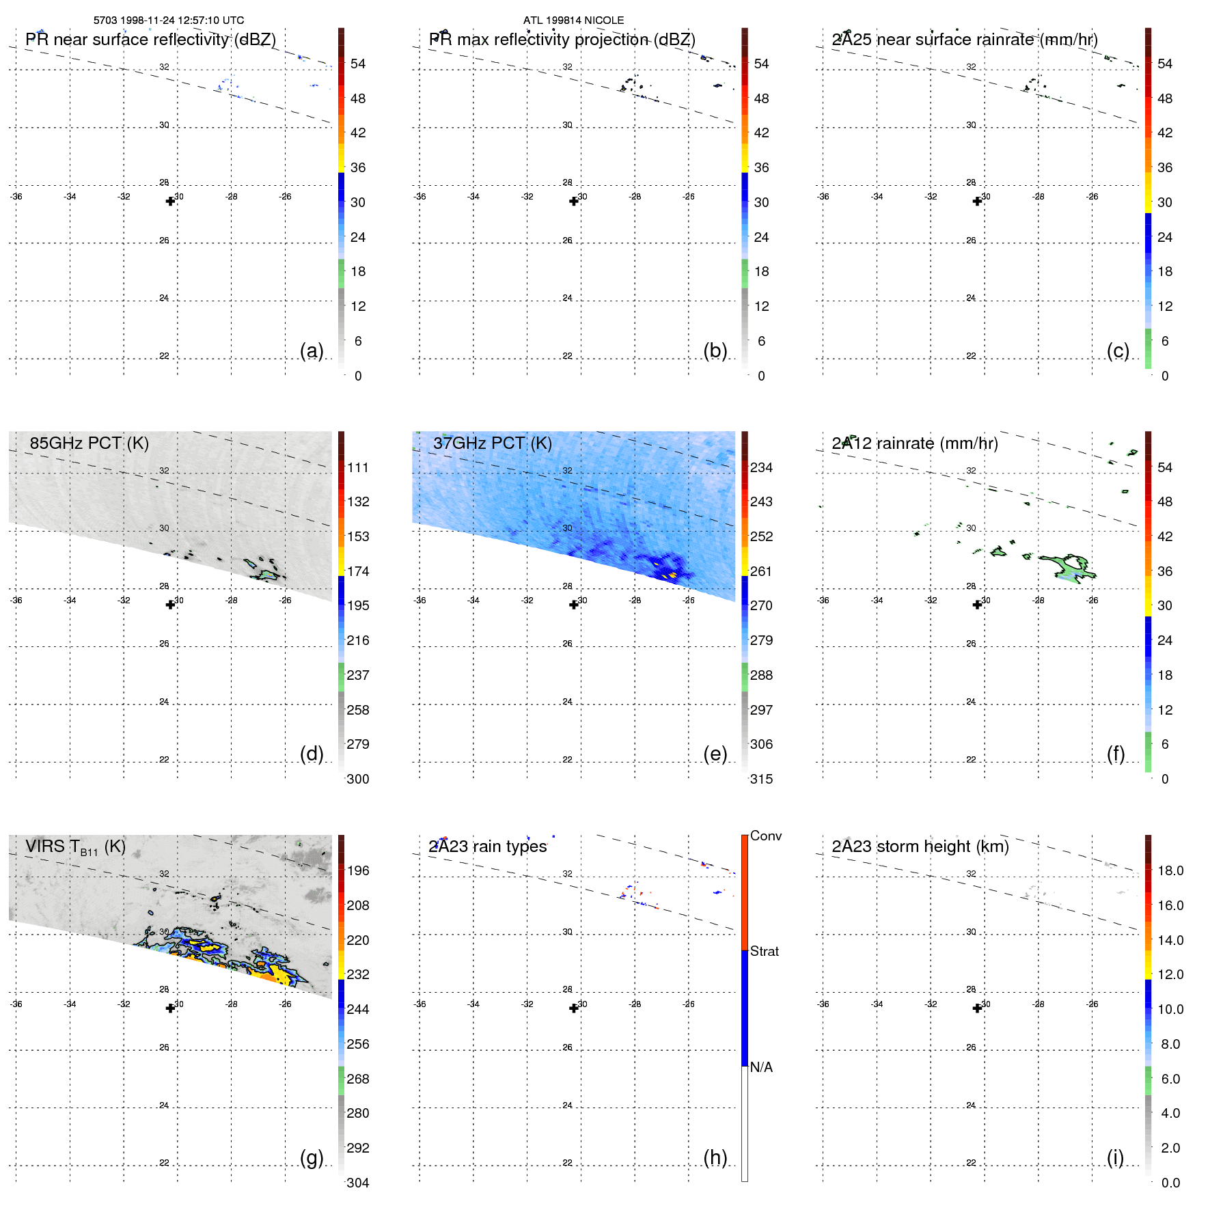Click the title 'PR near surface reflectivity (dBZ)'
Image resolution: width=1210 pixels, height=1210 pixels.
pos(150,40)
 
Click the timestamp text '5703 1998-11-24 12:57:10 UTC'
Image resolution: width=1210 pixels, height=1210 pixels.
pos(169,20)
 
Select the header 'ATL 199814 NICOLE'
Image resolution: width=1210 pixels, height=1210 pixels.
pos(573,20)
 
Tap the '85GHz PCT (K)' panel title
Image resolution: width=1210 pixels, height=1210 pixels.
pos(89,443)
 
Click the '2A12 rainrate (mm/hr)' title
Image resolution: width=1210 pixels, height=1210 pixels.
pos(915,443)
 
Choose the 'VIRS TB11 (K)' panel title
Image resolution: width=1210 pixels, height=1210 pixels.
pos(75,847)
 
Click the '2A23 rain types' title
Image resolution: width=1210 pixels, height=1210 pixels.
pos(487,847)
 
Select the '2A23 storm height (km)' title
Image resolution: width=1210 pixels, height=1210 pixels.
pos(920,847)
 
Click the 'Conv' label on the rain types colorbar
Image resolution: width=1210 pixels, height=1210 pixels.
pos(766,836)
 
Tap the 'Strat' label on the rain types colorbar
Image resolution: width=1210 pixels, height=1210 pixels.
pos(765,951)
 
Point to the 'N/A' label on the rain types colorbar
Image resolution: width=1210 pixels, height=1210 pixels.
pos(761,1067)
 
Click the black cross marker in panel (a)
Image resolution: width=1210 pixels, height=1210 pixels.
pos(170,201)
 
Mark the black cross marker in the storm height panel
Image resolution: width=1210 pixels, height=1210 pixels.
pos(977,1008)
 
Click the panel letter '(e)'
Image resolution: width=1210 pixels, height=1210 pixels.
pos(715,754)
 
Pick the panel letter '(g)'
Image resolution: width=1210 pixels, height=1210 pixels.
pos(312,1157)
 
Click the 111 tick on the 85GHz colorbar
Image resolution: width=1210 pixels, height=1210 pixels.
pos(358,467)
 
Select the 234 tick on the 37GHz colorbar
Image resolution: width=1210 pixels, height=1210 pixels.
pos(761,467)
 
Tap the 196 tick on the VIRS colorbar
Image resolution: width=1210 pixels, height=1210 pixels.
pos(358,870)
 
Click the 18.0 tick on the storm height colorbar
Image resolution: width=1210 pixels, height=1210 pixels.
pos(1170,870)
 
